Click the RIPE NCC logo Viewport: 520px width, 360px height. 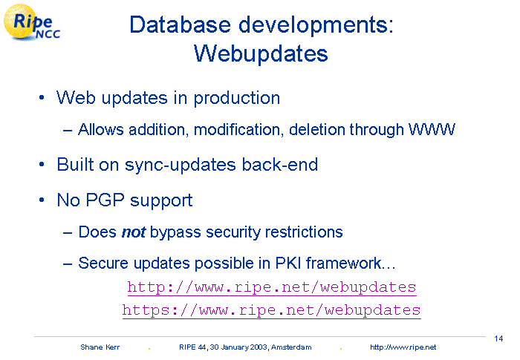[31, 22]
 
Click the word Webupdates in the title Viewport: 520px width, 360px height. [261, 53]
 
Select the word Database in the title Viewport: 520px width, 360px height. [180, 24]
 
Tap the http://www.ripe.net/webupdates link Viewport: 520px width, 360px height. [272, 287]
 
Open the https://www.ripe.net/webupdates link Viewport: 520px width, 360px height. [272, 310]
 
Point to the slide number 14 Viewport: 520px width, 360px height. [498, 338]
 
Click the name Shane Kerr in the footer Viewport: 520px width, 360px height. [100, 347]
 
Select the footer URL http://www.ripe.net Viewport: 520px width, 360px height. [403, 347]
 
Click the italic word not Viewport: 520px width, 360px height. [134, 232]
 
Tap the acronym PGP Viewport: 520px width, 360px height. [105, 200]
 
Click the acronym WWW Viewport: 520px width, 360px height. [432, 129]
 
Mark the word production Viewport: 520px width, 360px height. [237, 99]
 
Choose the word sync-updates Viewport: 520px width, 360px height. [181, 165]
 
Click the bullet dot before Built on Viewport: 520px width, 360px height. [42, 165]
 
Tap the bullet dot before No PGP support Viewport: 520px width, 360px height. [42, 200]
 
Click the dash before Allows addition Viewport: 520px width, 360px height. [68, 131]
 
